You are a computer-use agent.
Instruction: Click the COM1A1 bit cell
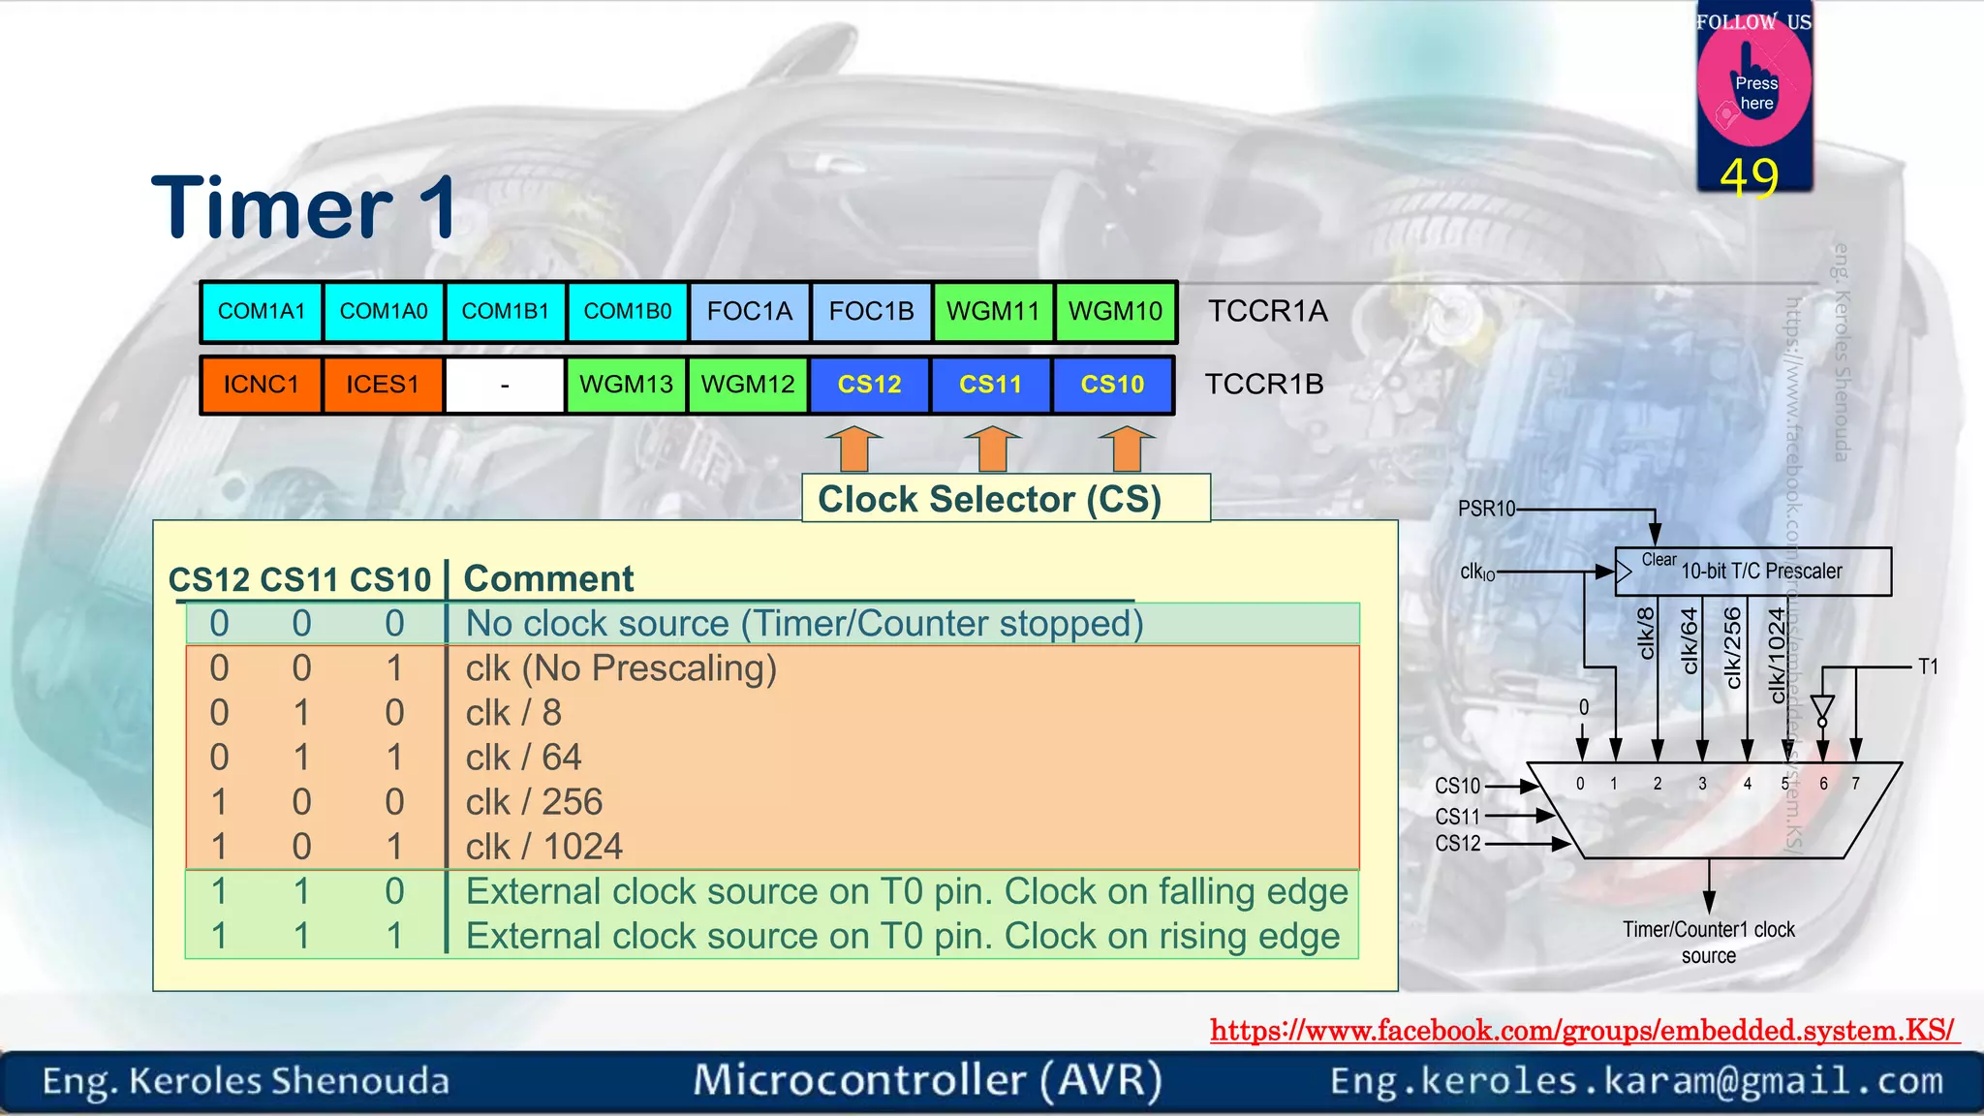tap(262, 312)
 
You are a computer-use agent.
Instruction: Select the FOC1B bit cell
tap(871, 312)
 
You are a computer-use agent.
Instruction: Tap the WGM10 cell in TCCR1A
tap(1115, 312)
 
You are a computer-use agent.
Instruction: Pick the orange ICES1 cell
tap(383, 385)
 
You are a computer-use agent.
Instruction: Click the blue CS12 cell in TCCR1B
tap(869, 385)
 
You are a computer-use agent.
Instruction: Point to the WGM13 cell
tap(626, 385)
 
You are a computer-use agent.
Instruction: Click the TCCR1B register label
tap(1263, 385)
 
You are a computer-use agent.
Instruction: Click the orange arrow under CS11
tap(992, 449)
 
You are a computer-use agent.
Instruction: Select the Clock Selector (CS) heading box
tap(1006, 499)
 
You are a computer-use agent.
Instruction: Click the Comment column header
tap(548, 579)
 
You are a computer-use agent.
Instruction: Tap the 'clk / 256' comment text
tap(534, 802)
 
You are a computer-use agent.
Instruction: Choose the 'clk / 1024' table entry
tap(543, 847)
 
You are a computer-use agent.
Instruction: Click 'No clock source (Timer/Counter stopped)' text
tap(804, 624)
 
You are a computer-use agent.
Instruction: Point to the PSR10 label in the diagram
tap(1485, 509)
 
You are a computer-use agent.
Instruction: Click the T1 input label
tap(1928, 666)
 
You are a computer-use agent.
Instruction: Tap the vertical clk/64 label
tap(1690, 640)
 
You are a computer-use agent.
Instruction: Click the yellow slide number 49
tap(1750, 177)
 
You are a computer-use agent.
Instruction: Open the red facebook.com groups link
tap(1583, 1031)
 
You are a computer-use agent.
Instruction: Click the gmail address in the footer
tap(1636, 1081)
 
